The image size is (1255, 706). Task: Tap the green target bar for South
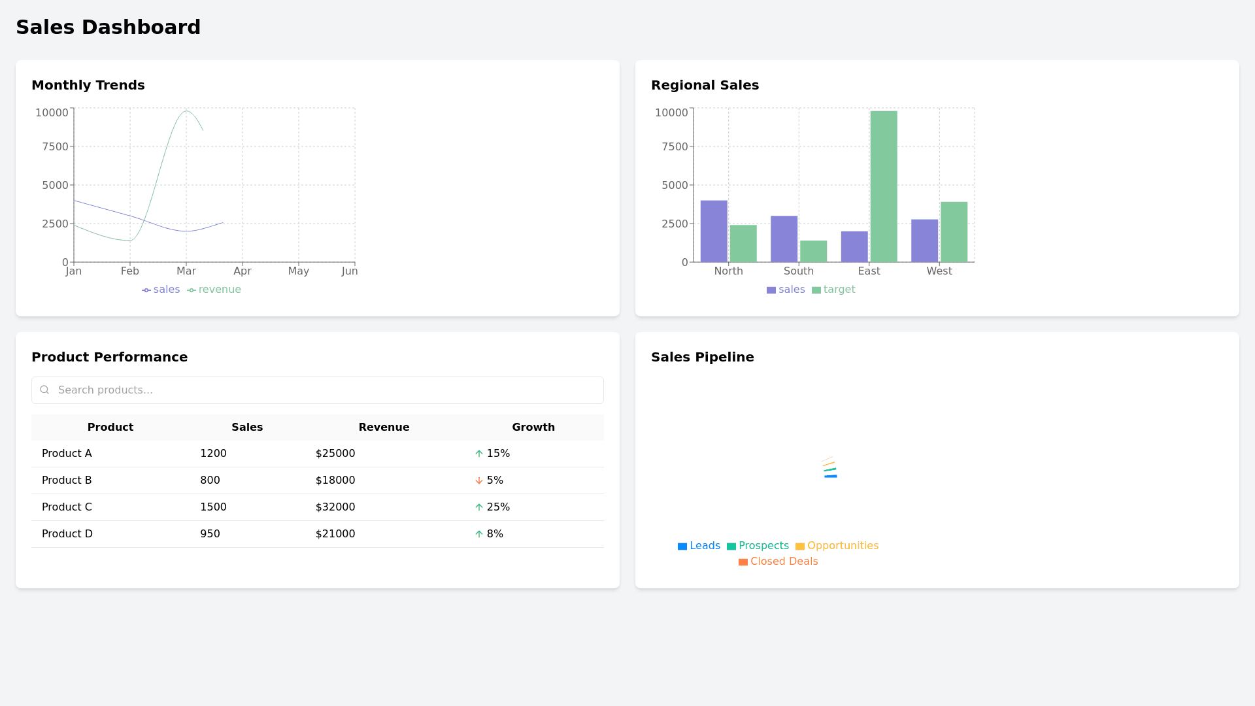(x=813, y=251)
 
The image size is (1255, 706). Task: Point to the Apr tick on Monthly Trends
(x=243, y=271)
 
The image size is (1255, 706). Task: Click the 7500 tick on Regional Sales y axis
(x=675, y=146)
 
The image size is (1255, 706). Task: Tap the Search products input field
(x=327, y=390)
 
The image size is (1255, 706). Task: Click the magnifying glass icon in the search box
(x=44, y=390)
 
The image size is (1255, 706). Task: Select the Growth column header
(x=533, y=428)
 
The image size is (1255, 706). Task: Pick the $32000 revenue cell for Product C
(x=335, y=507)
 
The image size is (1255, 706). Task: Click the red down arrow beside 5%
(x=479, y=480)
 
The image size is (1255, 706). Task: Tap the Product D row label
(x=67, y=534)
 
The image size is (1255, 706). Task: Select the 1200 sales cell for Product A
(x=213, y=454)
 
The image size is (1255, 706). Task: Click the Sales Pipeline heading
(x=702, y=357)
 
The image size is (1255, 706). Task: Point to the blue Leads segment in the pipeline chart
(x=831, y=477)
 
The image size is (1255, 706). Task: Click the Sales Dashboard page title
(x=108, y=27)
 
